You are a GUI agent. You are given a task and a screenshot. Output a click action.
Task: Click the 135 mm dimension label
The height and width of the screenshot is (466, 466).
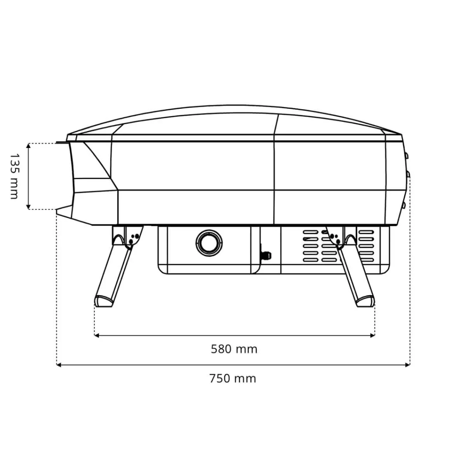14,176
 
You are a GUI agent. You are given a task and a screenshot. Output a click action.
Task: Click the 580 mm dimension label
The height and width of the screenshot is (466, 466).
234,349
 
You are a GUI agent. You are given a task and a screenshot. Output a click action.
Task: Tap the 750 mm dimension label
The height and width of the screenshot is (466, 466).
233,379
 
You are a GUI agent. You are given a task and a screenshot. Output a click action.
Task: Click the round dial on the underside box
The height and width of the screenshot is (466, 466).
209,243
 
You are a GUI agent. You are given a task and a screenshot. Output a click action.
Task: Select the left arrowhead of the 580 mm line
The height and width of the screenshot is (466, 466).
97,335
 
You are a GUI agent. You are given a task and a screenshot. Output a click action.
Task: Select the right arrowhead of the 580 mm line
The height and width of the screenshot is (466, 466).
372,335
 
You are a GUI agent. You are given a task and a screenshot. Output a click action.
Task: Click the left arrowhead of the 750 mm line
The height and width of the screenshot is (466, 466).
59,365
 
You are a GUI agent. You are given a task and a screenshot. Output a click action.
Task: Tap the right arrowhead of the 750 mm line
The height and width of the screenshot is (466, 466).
407,365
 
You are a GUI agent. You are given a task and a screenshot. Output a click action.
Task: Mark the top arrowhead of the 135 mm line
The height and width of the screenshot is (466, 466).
28,146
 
